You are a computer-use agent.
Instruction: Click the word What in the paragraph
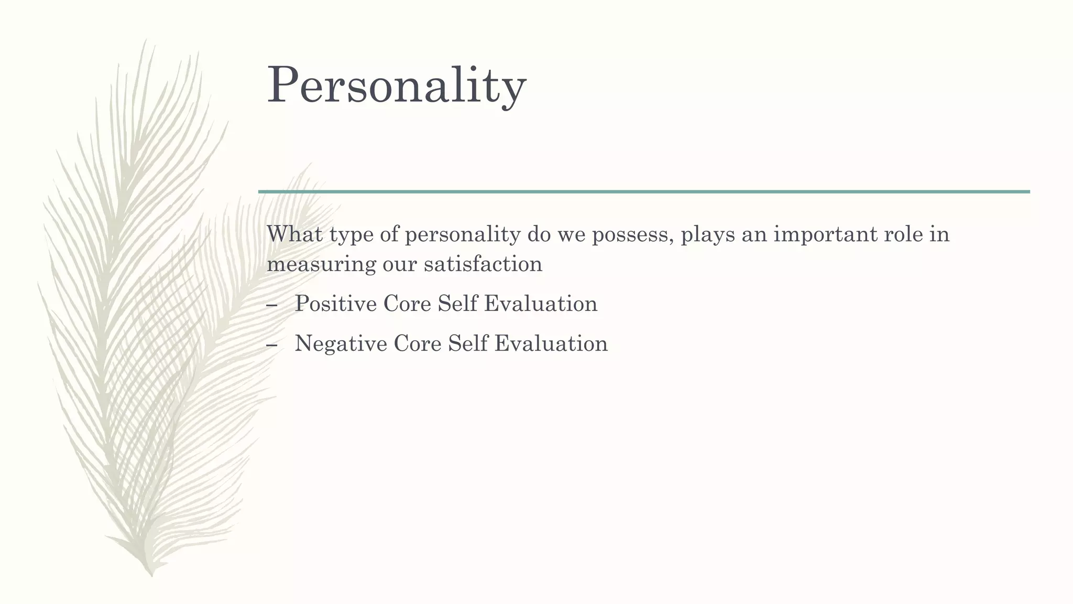coord(294,234)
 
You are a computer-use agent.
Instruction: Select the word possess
coord(632,235)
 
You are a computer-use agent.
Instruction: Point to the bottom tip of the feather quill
coord(151,575)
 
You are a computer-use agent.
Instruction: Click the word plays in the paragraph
coord(707,235)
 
